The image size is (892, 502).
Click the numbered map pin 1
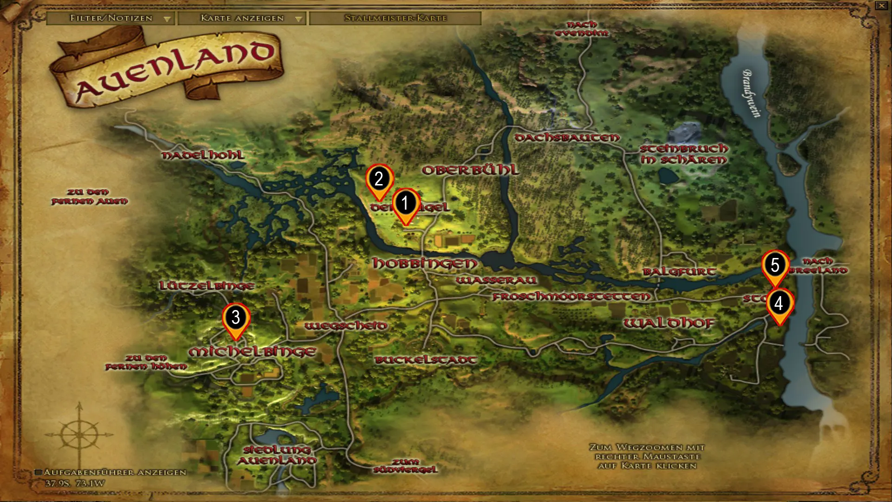pyautogui.click(x=406, y=204)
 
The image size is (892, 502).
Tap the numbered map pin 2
pyautogui.click(x=379, y=179)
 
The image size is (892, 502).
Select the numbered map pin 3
pyautogui.click(x=236, y=318)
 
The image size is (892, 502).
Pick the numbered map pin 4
pyautogui.click(x=779, y=304)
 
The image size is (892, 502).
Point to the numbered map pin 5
pyautogui.click(x=775, y=265)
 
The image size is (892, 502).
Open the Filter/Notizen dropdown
pyautogui.click(x=111, y=18)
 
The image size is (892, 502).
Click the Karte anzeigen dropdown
pyautogui.click(x=242, y=18)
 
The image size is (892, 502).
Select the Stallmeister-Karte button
pyautogui.click(x=395, y=18)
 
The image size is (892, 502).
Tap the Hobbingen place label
pyautogui.click(x=425, y=264)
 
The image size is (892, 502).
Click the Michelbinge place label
pyautogui.click(x=252, y=352)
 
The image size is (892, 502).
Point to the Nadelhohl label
pyautogui.click(x=203, y=155)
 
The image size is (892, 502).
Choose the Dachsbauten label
pyautogui.click(x=567, y=138)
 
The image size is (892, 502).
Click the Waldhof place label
pyautogui.click(x=669, y=323)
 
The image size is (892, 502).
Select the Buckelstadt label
pyautogui.click(x=426, y=360)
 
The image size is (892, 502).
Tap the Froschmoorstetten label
pyautogui.click(x=571, y=297)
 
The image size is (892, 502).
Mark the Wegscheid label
pyautogui.click(x=346, y=326)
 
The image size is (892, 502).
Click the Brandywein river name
pyautogui.click(x=751, y=93)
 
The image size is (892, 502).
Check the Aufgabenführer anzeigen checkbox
pyautogui.click(x=39, y=472)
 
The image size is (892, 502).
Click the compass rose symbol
pyautogui.click(x=79, y=435)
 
